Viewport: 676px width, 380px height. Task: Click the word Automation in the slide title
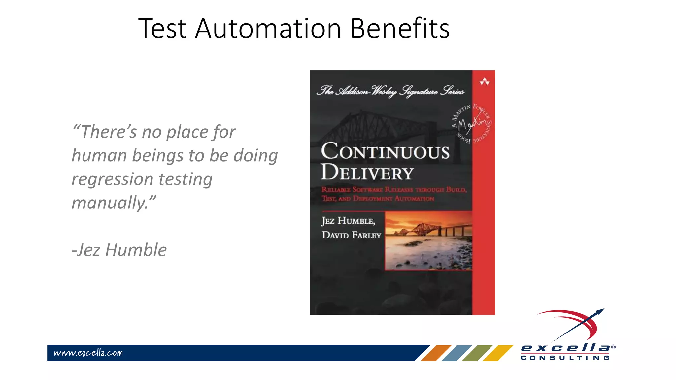point(268,29)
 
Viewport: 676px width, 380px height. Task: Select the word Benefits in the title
point(400,29)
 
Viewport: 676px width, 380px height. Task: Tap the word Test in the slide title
point(162,29)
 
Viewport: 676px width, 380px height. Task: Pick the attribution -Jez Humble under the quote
point(119,250)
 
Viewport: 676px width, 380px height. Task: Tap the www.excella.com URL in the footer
point(88,353)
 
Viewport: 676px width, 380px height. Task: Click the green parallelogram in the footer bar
point(477,353)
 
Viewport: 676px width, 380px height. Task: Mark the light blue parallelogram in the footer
point(456,353)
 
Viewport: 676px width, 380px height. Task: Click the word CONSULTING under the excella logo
point(565,358)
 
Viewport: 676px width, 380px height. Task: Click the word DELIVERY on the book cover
point(367,173)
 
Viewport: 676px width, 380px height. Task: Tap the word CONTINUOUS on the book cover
point(385,151)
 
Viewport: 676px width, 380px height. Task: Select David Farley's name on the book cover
point(352,235)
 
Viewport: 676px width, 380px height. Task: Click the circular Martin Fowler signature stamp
point(471,123)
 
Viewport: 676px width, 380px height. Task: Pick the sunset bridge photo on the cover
point(428,241)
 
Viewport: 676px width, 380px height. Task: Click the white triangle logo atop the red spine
point(484,81)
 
